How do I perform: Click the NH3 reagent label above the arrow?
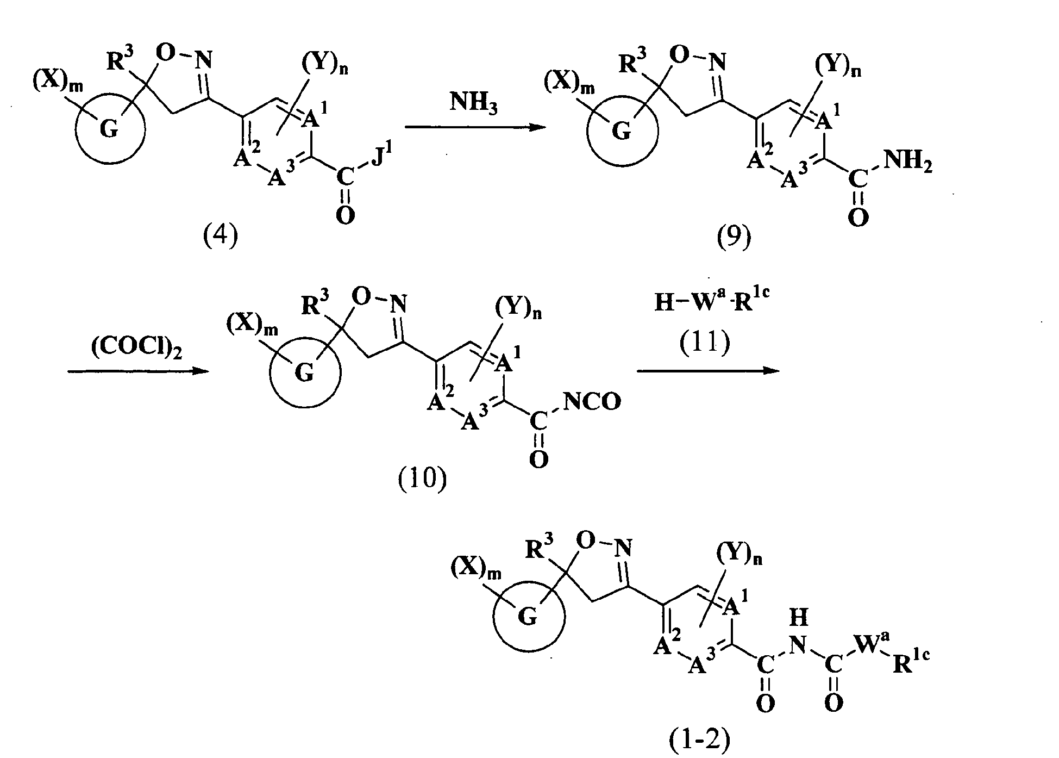pos(474,103)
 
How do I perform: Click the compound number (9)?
pos(734,238)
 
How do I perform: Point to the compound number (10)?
pos(423,480)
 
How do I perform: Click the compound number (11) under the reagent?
pos(705,343)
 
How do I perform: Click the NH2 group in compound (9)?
pos(907,161)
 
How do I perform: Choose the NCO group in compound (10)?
pos(592,402)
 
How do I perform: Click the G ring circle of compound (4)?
pos(110,129)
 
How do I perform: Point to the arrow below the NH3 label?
pos(475,127)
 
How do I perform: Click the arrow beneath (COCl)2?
pos(139,371)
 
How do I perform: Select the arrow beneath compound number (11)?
pos(707,371)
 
